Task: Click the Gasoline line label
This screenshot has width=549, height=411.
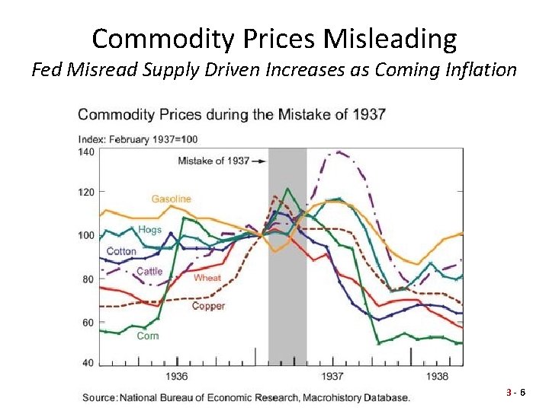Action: click(171, 199)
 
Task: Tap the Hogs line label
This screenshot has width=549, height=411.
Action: click(149, 229)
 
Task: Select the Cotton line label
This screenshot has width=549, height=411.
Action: click(121, 251)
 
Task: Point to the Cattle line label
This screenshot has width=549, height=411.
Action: click(149, 272)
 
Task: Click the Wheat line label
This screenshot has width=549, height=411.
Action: click(207, 278)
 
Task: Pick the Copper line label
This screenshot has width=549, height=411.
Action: click(208, 306)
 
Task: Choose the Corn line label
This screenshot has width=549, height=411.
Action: click(147, 336)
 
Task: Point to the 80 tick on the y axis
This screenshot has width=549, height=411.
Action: click(88, 279)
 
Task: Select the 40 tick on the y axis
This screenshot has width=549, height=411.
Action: click(88, 363)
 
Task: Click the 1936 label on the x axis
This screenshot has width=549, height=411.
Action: click(177, 376)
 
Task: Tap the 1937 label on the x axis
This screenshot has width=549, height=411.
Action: click(332, 376)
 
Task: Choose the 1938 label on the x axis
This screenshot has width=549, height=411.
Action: click(437, 376)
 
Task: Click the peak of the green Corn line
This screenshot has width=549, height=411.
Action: click(287, 188)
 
